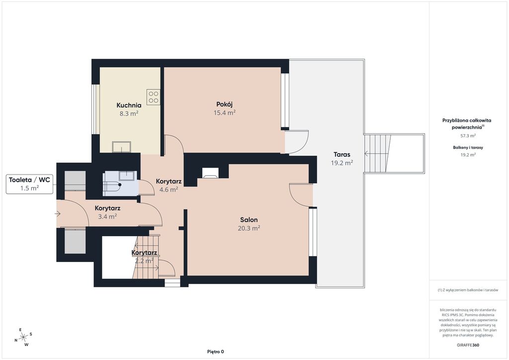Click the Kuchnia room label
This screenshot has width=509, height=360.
pos(129,105)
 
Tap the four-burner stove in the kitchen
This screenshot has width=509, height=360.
pos(154,97)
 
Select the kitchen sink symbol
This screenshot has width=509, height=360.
pos(122,147)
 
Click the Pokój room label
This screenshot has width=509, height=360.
pos(224,104)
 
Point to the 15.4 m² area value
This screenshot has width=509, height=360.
pos(224,113)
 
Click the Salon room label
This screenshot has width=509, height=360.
pos(249,220)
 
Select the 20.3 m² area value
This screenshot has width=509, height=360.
pos(249,228)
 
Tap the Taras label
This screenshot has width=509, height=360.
pos(342,155)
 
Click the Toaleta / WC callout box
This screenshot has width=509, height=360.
pos(29,184)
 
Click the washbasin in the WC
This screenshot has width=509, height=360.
pos(128,176)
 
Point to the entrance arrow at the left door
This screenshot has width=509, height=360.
pos(58,214)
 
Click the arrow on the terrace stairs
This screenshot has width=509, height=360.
pos(367,154)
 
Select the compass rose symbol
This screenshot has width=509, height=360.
pos(23,338)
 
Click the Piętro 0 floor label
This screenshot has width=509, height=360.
pos(216,352)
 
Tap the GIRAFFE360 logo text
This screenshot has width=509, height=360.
pos(468,345)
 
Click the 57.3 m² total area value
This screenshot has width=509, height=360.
pos(468,136)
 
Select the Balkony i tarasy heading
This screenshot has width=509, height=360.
pos(468,147)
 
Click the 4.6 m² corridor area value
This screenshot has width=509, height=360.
pos(169,189)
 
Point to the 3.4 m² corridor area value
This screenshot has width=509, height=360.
pos(107,216)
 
